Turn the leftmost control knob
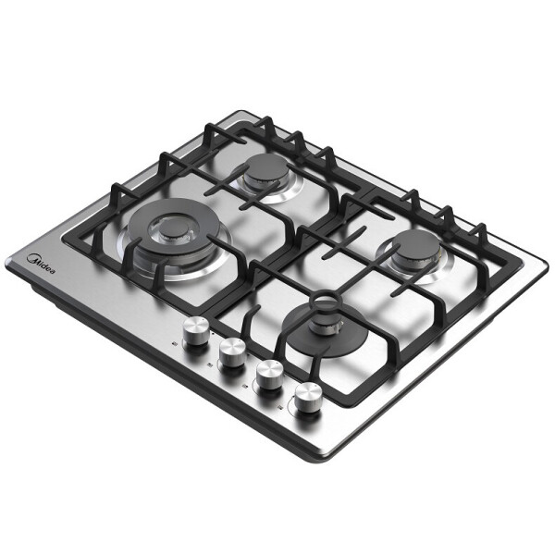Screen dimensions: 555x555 click(x=196, y=331)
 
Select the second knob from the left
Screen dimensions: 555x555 click(x=232, y=352)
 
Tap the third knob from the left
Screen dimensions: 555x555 click(x=270, y=375)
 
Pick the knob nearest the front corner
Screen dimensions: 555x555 click(x=309, y=397)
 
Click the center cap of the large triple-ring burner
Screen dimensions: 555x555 click(x=174, y=229)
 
